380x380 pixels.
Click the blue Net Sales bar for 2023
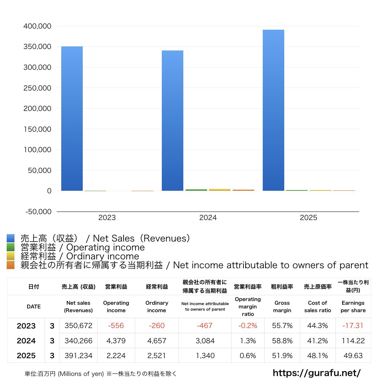pos(72,119)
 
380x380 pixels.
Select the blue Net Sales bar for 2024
pos(173,121)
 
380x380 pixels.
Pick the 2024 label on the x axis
pos(208,218)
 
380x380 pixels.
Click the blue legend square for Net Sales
pos(11,238)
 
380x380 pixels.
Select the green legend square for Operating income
pos(11,247)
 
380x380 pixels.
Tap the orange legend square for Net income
pos(11,265)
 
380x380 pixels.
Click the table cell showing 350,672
pos(78,326)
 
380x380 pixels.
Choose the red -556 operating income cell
pos(116,326)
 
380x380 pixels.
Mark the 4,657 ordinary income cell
pos(157,341)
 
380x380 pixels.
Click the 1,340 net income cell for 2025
pos(204,356)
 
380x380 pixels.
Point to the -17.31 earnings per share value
pos(353,326)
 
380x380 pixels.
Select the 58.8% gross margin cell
pos(282,341)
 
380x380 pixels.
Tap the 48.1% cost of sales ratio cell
pos(317,356)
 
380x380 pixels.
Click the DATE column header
pos(33,307)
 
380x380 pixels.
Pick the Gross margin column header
pos(282,307)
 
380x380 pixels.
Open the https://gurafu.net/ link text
pos(317,373)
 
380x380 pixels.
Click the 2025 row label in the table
pos(26,356)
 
